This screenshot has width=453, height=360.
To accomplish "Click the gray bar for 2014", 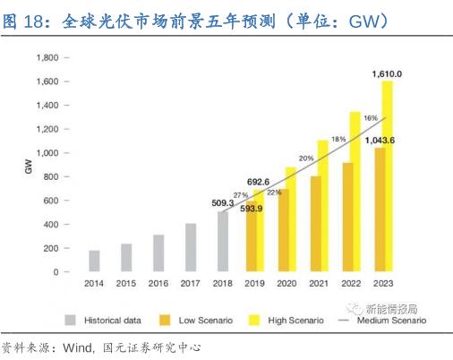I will tap(94, 261).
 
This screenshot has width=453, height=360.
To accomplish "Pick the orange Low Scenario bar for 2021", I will tap(315, 223).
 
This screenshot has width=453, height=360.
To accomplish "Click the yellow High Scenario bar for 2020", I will tap(291, 219).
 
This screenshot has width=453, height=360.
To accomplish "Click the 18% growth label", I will tap(338, 139).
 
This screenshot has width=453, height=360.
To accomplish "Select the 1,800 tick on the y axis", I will tap(46, 57).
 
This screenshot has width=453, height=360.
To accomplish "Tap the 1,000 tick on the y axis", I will tap(46, 153).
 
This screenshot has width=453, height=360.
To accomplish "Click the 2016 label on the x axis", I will tap(158, 284).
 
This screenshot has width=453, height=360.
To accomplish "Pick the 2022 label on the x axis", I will tap(351, 284).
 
